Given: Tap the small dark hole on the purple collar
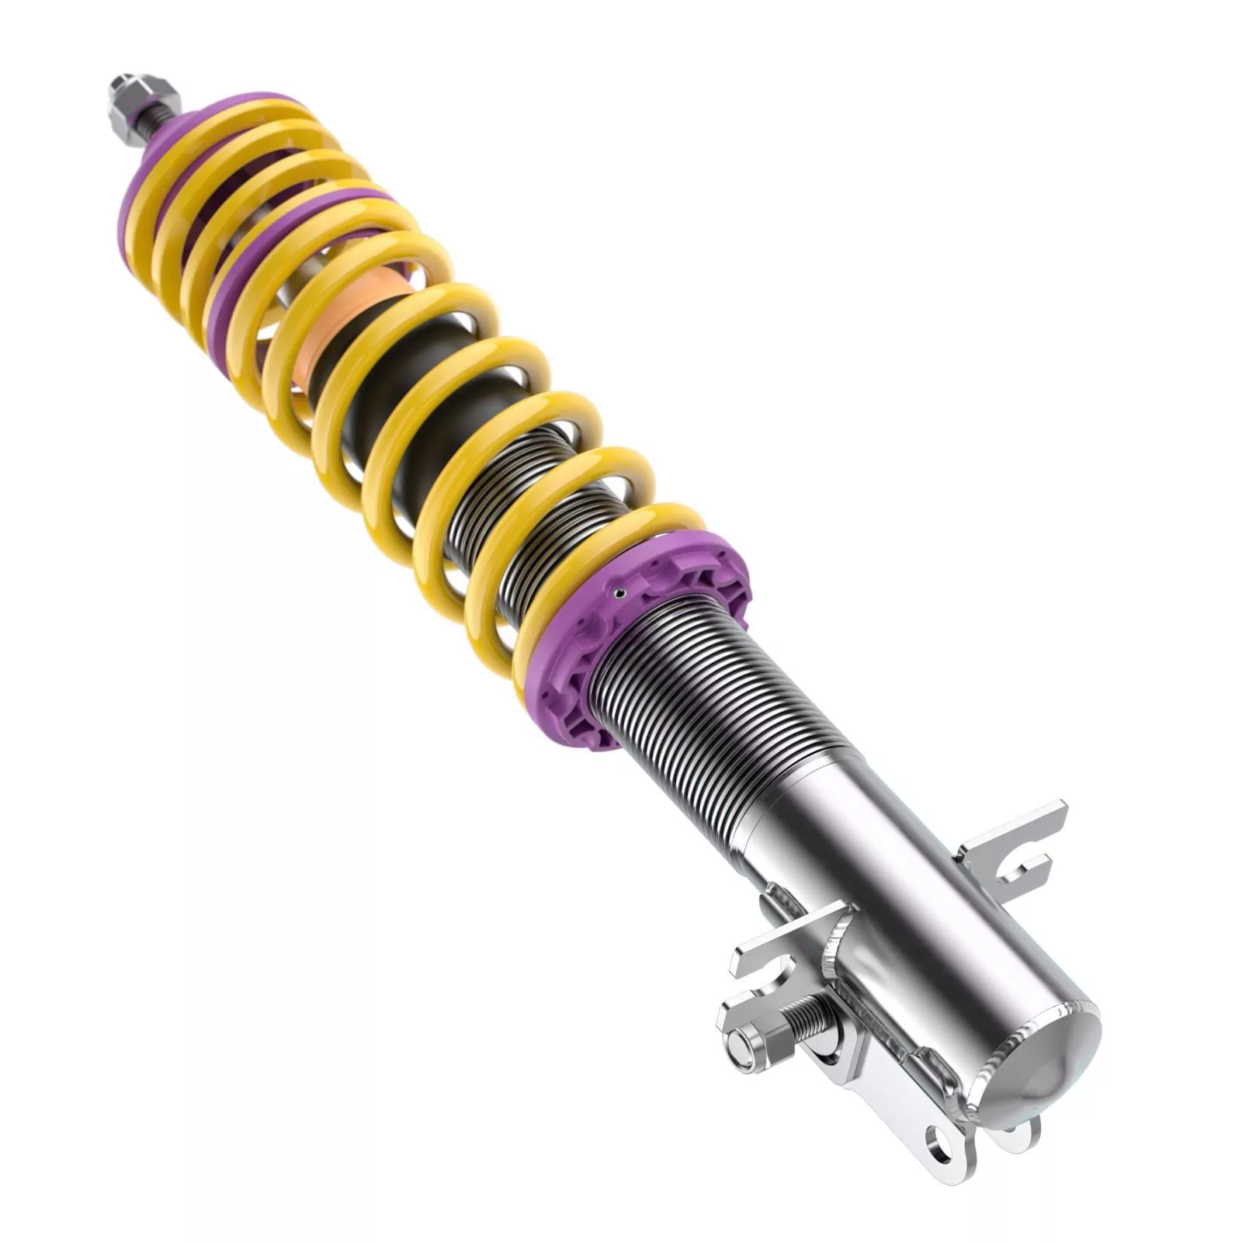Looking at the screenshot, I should (618, 594).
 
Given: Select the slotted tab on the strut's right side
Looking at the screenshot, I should (1017, 846).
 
